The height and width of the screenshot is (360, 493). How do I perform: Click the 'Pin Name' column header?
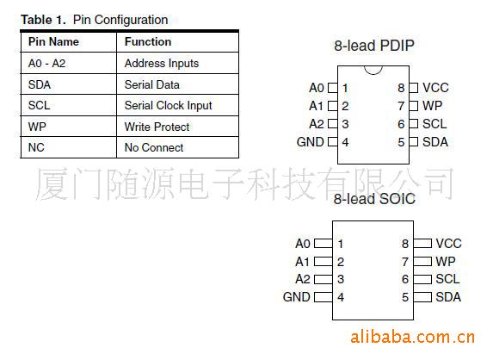point(53,42)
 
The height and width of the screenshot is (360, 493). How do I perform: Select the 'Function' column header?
point(148,42)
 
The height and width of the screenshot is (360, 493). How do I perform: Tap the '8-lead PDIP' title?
point(374,46)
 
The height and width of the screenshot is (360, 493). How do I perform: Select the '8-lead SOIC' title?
point(374,199)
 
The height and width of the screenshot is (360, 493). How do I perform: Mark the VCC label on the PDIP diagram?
point(435,88)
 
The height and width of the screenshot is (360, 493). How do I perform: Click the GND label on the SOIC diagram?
point(297,297)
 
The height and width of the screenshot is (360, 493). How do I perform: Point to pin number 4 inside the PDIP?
point(345,142)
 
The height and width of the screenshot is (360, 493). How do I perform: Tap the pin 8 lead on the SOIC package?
point(422,243)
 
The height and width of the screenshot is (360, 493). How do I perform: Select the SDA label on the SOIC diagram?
point(448,297)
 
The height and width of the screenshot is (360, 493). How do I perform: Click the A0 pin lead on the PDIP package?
point(333,88)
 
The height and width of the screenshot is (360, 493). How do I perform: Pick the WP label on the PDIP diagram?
point(432,106)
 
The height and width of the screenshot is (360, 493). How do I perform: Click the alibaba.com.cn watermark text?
point(412,338)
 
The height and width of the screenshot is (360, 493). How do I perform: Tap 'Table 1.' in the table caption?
point(43,20)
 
